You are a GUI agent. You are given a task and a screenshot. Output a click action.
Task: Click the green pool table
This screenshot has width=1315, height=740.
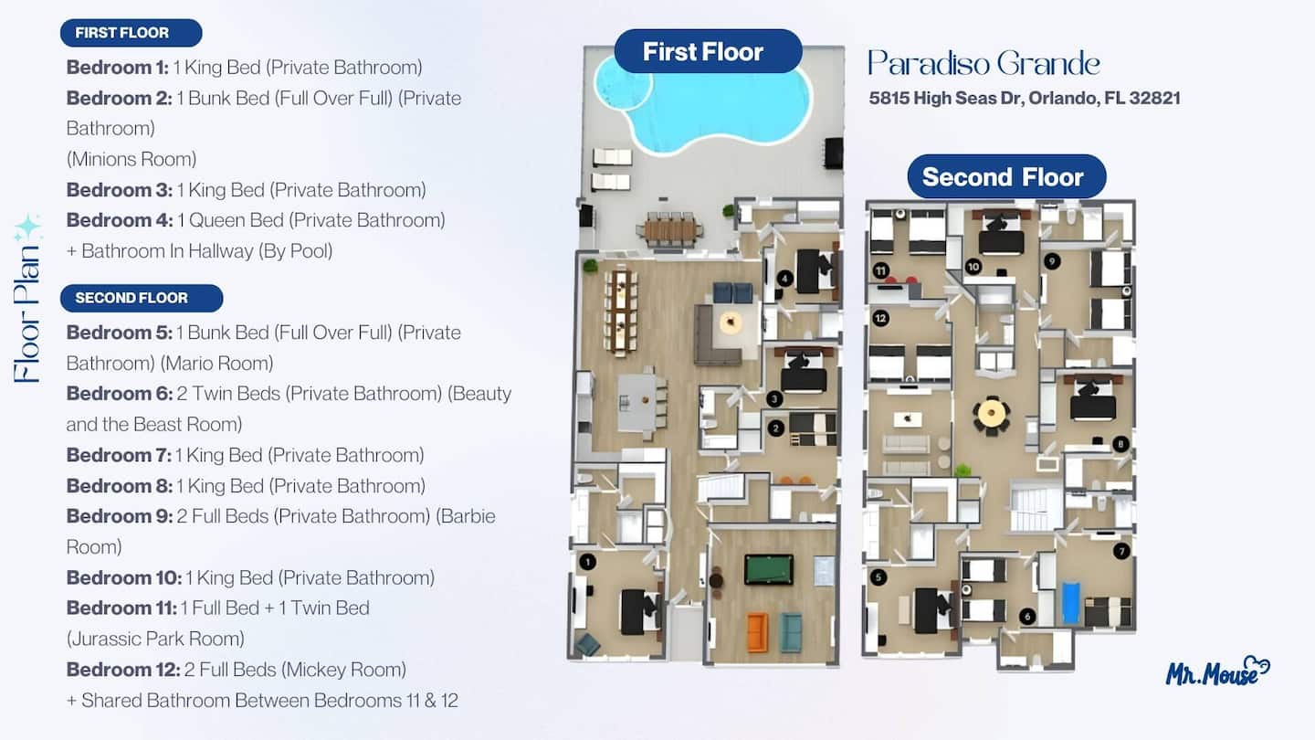(x=769, y=569)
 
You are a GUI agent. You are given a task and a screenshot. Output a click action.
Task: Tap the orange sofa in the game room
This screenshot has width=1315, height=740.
(x=757, y=632)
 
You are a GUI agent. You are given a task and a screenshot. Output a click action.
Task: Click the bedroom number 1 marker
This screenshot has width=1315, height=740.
(x=588, y=562)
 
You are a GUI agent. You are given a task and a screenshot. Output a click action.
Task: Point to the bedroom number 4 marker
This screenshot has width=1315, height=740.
(x=785, y=278)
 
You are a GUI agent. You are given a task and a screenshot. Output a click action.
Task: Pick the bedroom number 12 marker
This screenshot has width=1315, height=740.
(x=880, y=318)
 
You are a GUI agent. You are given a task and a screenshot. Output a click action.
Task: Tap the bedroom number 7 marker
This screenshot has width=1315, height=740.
(x=1121, y=551)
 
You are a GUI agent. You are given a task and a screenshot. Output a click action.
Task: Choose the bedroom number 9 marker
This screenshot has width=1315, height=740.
(x=1051, y=261)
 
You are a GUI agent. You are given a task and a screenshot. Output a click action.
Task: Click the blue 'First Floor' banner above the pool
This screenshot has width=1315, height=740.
(x=708, y=52)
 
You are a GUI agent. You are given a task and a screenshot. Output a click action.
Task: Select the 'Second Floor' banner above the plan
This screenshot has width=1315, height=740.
(x=1006, y=177)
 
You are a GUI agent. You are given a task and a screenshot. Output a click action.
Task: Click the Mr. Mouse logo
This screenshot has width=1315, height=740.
(x=1217, y=671)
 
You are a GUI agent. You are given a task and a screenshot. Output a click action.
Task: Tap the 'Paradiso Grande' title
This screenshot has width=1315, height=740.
(x=984, y=63)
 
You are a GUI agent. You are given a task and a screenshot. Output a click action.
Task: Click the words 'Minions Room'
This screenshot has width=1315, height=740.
(x=131, y=159)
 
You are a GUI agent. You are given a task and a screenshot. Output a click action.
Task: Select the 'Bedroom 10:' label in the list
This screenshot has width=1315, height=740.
(x=124, y=578)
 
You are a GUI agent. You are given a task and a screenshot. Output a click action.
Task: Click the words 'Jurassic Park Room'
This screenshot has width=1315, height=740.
(x=155, y=639)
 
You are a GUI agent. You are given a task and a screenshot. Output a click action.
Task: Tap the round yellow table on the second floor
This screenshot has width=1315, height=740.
(x=992, y=414)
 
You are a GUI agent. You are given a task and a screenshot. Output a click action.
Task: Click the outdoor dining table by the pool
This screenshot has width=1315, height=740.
(x=669, y=228)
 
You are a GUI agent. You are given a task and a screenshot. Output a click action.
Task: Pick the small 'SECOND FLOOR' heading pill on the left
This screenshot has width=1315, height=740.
(x=142, y=298)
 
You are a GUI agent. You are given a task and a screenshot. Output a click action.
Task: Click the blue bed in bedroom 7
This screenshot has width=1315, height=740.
(x=1071, y=603)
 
